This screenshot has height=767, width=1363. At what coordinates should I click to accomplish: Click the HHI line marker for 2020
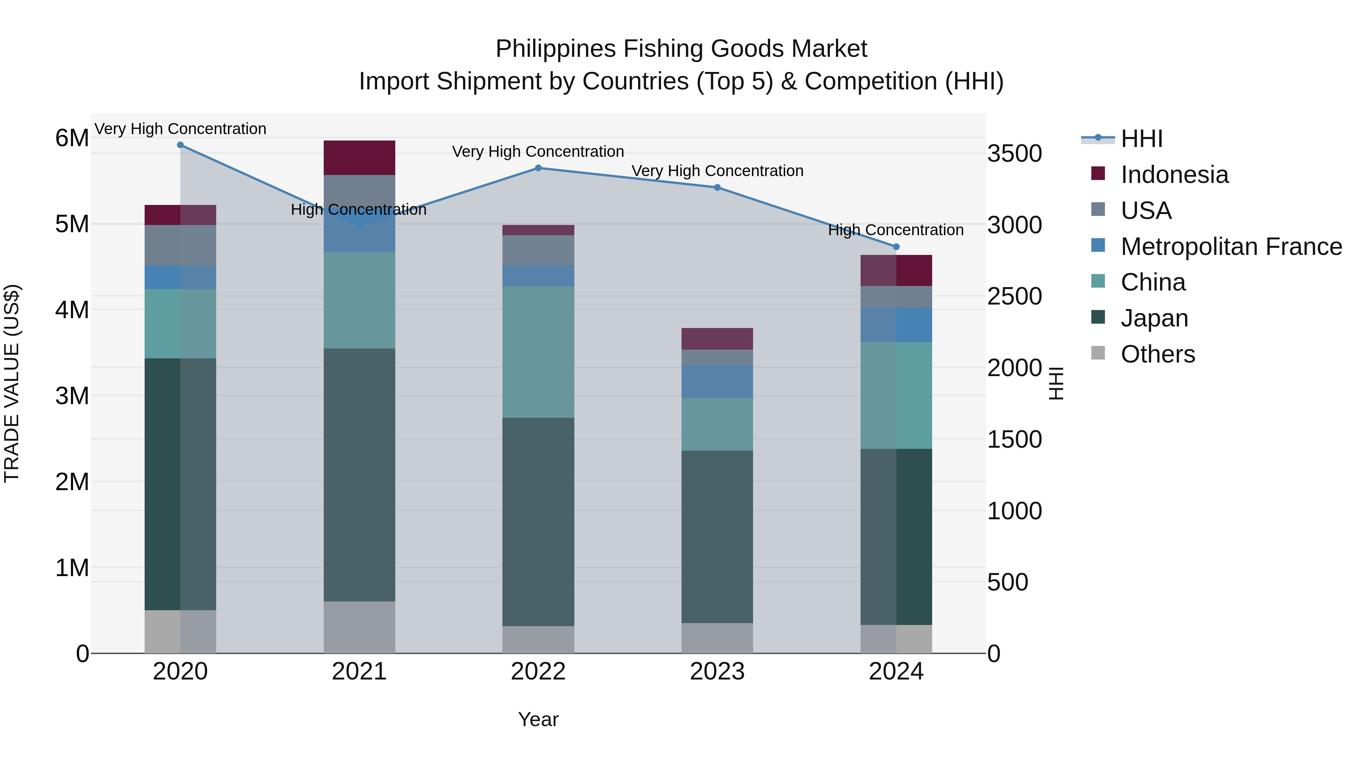[181, 145]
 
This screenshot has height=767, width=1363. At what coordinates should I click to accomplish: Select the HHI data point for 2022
[538, 168]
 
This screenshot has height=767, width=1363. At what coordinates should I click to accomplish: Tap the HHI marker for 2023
[717, 187]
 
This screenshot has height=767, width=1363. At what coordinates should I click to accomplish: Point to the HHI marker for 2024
[896, 247]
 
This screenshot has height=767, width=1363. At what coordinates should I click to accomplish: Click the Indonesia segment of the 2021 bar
[359, 158]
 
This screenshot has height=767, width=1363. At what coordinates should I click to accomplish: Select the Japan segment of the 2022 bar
[538, 522]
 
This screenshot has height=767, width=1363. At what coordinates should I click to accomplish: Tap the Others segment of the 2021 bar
[359, 627]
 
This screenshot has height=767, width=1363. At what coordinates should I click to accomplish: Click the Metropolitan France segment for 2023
[717, 381]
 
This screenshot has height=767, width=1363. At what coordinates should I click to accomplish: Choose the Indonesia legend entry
[1174, 175]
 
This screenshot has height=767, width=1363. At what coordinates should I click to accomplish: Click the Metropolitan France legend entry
[1231, 247]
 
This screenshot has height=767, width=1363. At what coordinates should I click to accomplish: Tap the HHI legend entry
[1141, 139]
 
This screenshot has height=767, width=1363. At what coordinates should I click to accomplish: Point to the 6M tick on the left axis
[72, 138]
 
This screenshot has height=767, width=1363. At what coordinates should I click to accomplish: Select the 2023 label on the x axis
[717, 672]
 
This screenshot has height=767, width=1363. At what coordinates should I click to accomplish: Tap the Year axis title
[538, 719]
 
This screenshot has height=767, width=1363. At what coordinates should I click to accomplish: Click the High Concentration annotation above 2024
[895, 230]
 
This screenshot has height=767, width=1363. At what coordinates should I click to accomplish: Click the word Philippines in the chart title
[555, 49]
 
